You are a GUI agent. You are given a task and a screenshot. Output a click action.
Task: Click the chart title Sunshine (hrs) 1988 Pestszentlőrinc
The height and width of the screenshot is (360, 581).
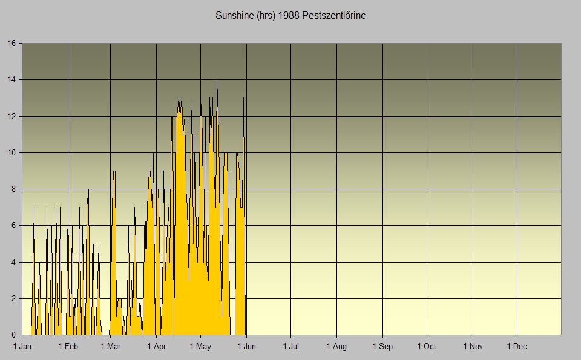[290, 15]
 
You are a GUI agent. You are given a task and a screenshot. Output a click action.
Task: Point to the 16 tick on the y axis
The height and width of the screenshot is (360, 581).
[11, 44]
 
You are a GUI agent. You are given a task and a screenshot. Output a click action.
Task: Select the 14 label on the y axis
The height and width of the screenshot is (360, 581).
[11, 80]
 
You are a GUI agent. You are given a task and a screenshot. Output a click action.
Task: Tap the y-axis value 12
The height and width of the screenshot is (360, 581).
[11, 116]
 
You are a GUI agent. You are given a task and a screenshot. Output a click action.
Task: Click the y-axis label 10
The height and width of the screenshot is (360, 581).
[11, 152]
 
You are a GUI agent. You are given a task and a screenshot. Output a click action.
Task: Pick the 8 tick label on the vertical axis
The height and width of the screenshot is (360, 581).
[14, 189]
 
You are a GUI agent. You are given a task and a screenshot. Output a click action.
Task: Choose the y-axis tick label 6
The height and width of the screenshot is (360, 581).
[14, 226]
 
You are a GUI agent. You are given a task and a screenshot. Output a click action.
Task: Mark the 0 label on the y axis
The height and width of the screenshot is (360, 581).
[14, 335]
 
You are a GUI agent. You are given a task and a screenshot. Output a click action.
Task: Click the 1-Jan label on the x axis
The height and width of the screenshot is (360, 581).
[22, 347]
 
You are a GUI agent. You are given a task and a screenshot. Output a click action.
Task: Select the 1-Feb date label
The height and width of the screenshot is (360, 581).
[68, 347]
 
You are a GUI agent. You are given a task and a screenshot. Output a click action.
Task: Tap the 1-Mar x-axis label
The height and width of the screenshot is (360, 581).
[111, 347]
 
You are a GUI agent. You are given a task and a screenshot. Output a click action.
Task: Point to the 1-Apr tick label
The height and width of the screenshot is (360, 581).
[156, 347]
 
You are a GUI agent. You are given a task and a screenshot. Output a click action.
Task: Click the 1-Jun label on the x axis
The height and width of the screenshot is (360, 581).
[246, 347]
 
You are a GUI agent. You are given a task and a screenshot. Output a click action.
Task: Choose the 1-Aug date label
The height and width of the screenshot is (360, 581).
[336, 347]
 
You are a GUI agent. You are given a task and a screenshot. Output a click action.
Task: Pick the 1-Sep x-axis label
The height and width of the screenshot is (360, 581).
[382, 347]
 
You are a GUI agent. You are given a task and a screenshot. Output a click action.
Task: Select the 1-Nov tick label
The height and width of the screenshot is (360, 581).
[473, 347]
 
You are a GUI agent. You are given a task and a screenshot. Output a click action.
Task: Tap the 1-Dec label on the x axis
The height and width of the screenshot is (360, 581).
[517, 347]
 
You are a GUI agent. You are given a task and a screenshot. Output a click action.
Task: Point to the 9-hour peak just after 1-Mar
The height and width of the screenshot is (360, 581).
[114, 172]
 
